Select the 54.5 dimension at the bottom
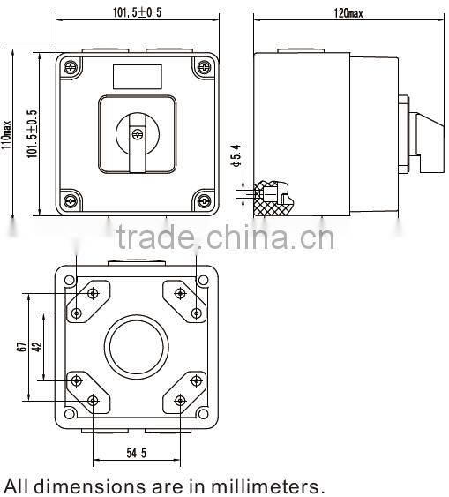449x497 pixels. pyautogui.click(x=136, y=452)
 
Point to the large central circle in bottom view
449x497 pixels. pyautogui.click(x=137, y=347)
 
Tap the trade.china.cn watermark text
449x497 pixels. pyautogui.click(x=225, y=237)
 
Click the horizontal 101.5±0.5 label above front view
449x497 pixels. pyautogui.click(x=137, y=12)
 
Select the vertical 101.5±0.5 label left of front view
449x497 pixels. pyautogui.click(x=32, y=132)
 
